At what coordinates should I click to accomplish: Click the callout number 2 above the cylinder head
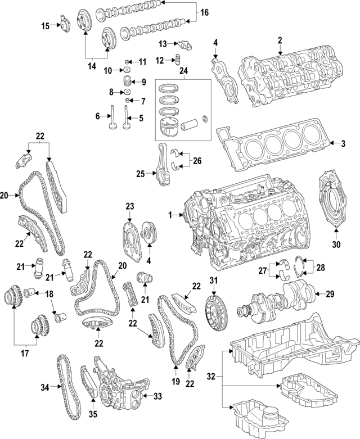tap(280, 40)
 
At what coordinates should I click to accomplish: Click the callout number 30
tap(337, 245)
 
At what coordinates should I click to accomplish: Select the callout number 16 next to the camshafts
tap(204, 12)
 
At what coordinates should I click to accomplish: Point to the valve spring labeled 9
tap(128, 82)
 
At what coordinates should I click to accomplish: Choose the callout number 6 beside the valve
tap(97, 116)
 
